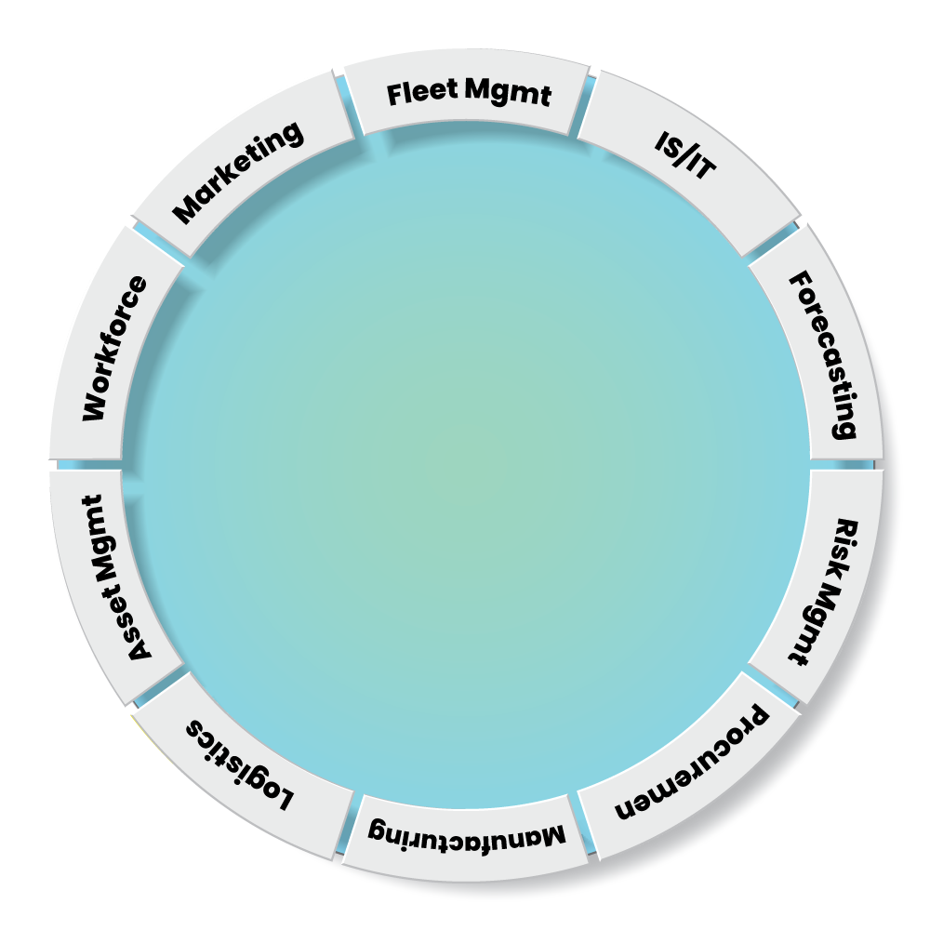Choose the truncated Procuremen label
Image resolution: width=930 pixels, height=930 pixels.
pyautogui.click(x=693, y=764)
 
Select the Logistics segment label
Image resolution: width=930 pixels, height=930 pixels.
pyautogui.click(x=241, y=763)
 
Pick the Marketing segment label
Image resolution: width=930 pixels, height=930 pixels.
pyautogui.click(x=238, y=172)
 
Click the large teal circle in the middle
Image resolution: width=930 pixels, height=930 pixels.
pyautogui.click(x=465, y=465)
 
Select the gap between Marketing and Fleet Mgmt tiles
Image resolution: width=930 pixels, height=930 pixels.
pyautogui.click(x=345, y=92)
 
